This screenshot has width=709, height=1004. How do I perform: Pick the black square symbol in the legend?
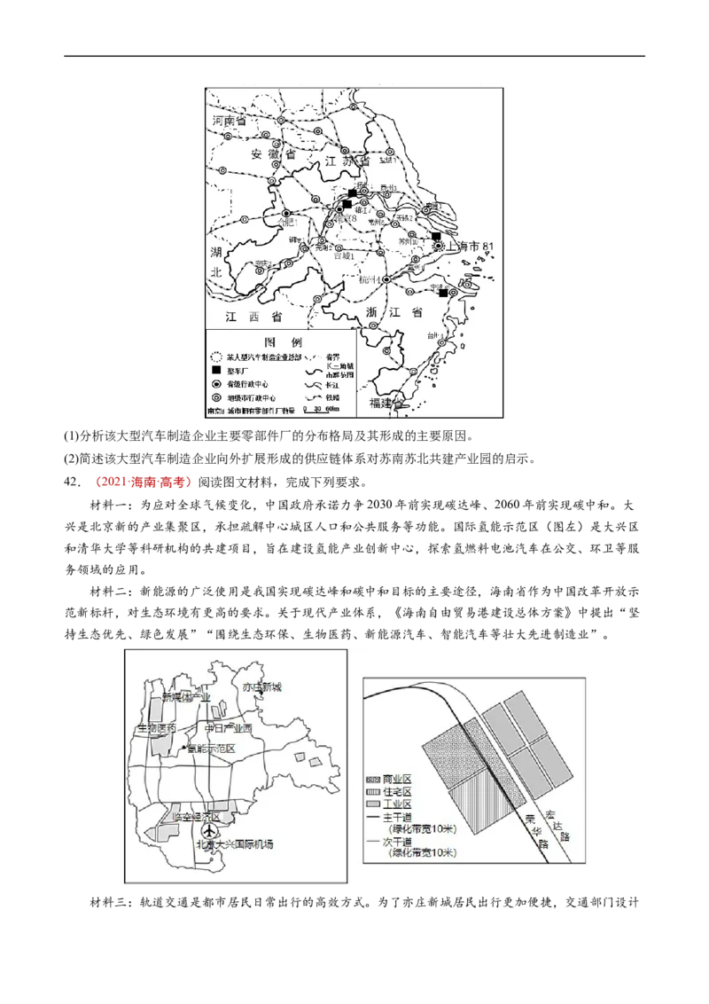[x=215, y=369]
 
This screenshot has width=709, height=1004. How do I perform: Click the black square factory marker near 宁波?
[x=443, y=294]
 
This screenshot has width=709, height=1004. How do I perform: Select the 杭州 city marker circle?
[x=386, y=279]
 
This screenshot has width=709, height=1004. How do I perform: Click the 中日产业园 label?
[x=228, y=728]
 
